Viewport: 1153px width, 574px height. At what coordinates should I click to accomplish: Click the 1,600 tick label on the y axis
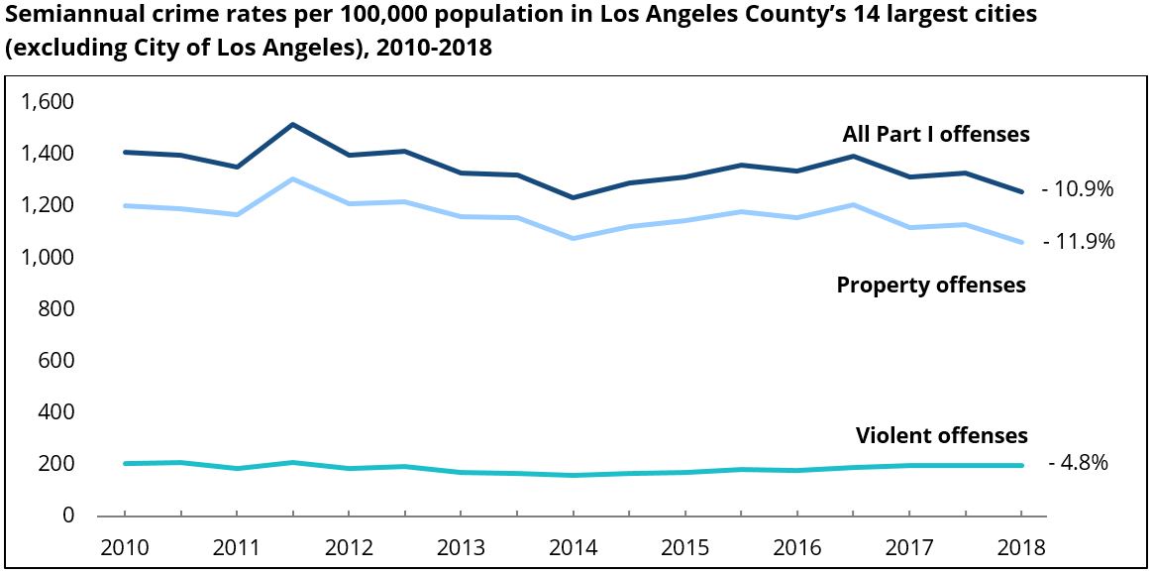pyautogui.click(x=47, y=102)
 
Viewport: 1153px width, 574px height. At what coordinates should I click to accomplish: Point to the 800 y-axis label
pyautogui.click(x=56, y=309)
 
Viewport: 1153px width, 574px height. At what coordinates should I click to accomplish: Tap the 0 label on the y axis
pyautogui.click(x=68, y=516)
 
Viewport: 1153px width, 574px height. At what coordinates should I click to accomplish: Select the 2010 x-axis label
pyautogui.click(x=125, y=547)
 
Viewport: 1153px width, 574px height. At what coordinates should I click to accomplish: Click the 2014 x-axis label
pyautogui.click(x=574, y=547)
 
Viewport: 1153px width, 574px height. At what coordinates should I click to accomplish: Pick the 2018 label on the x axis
pyautogui.click(x=1021, y=547)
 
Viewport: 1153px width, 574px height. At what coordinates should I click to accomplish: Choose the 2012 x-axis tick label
pyautogui.click(x=349, y=547)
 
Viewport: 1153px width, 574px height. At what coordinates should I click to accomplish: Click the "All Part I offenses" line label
pyautogui.click(x=936, y=134)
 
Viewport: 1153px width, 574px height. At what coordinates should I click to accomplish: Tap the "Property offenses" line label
pyautogui.click(x=931, y=286)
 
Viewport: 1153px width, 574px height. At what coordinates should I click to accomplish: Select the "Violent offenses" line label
pyautogui.click(x=941, y=436)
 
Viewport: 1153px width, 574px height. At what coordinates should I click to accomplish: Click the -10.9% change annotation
pyautogui.click(x=1078, y=188)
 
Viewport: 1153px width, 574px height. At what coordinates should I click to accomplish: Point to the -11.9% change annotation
pyautogui.click(x=1078, y=241)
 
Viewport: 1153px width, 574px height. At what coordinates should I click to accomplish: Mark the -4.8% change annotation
pyautogui.click(x=1078, y=463)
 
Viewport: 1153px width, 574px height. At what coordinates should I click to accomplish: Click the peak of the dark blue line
pyautogui.click(x=293, y=125)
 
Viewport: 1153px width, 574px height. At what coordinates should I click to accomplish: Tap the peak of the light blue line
pyautogui.click(x=293, y=179)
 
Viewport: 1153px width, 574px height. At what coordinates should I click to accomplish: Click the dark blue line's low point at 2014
pyautogui.click(x=574, y=197)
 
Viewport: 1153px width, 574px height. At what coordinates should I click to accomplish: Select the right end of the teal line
pyautogui.click(x=1021, y=465)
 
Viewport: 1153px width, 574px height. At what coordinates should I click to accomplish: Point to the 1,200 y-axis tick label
pyautogui.click(x=47, y=206)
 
